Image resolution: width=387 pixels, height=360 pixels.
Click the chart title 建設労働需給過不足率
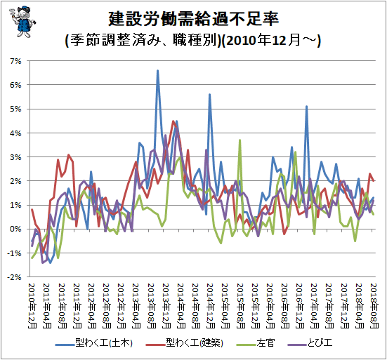(194, 19)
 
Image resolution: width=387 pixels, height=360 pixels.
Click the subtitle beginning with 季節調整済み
(193, 40)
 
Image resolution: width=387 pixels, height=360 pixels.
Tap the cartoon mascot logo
(22, 22)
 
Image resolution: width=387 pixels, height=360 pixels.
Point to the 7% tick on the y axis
(15, 61)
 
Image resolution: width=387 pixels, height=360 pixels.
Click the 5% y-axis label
(15, 109)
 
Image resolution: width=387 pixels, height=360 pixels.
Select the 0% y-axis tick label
(15, 229)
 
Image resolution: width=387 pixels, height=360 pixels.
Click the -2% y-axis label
(14, 277)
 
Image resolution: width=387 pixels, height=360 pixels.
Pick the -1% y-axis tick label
(14, 253)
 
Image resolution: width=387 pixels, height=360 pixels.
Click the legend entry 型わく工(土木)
(94, 342)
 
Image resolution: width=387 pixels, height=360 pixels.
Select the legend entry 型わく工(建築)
(184, 342)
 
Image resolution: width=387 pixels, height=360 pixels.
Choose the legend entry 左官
(256, 342)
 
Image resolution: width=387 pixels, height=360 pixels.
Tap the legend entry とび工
(310, 342)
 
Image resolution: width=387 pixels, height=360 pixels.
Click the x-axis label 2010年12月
(32, 306)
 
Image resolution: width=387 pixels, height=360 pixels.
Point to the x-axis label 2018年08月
(374, 306)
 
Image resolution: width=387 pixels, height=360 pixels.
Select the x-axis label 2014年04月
(181, 306)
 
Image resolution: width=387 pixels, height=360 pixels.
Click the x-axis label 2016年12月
(300, 306)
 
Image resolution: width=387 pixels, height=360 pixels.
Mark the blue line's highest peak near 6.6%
(158, 71)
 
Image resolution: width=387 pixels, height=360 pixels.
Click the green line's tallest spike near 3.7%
(240, 140)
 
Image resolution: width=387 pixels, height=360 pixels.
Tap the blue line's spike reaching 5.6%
(209, 95)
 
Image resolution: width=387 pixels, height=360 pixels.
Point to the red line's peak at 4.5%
(173, 121)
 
